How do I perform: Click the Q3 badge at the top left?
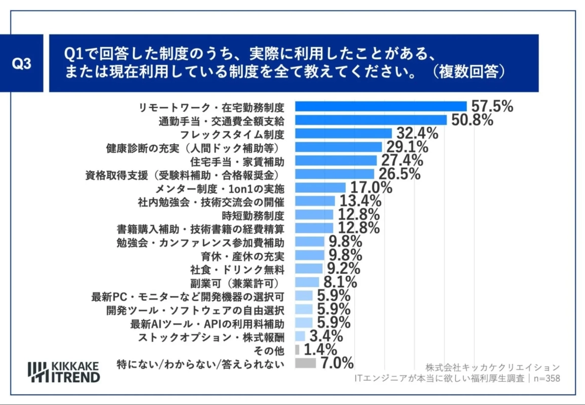click(21, 64)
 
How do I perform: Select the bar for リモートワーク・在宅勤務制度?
click(380, 106)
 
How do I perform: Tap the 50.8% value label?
click(470, 120)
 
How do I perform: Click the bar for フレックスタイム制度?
click(343, 134)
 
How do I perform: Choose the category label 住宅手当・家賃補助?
click(237, 161)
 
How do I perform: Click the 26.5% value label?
click(399, 174)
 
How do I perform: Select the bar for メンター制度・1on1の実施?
click(320, 188)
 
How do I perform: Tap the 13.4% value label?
click(360, 201)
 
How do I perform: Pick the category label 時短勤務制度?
click(257, 214)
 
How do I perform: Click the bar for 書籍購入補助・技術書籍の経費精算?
click(314, 228)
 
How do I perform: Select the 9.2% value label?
click(344, 268)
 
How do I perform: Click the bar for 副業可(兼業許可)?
click(307, 282)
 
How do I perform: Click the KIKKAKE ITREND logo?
click(64, 372)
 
